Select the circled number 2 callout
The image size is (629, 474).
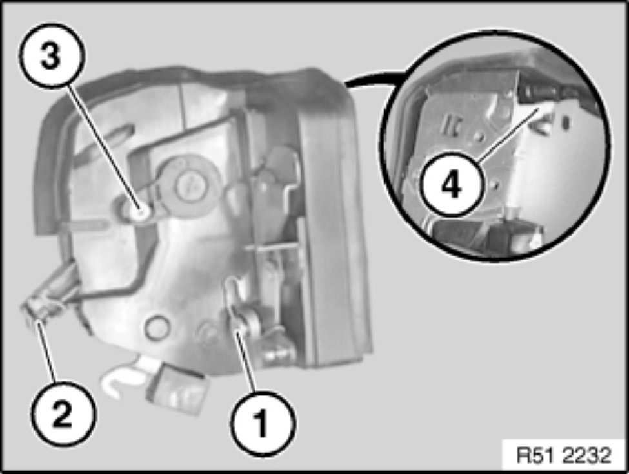tap(63, 413)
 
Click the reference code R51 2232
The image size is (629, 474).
tap(563, 455)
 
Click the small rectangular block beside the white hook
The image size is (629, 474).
tap(177, 388)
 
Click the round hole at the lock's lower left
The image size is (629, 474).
tap(157, 328)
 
